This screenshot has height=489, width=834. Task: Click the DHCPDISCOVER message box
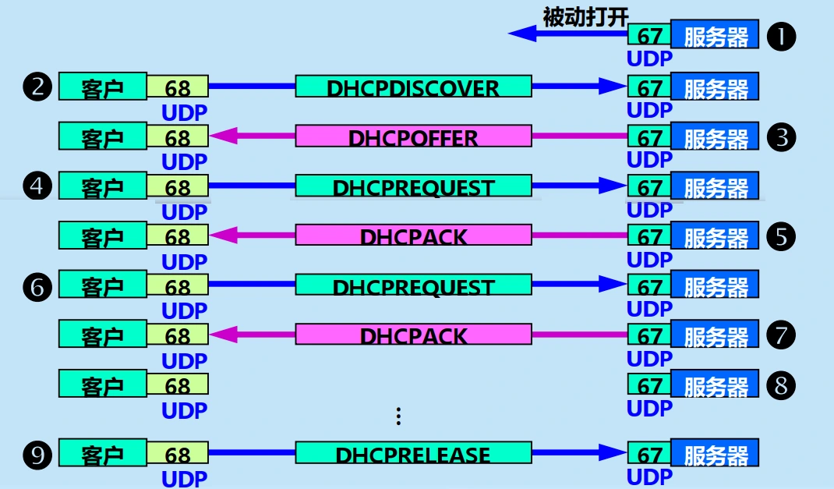tap(413, 87)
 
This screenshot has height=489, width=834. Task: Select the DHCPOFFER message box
tap(413, 137)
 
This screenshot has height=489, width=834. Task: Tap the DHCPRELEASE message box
tap(413, 454)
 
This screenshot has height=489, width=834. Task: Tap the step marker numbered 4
tap(37, 187)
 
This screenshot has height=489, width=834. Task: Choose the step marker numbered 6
tap(37, 286)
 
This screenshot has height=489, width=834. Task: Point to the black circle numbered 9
tap(37, 454)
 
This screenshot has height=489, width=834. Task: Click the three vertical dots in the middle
tap(398, 416)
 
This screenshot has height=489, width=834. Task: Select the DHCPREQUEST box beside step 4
tap(413, 187)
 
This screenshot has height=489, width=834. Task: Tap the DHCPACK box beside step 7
tap(413, 336)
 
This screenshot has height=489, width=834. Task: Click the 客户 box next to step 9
tap(102, 454)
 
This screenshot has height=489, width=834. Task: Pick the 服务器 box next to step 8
tap(715, 385)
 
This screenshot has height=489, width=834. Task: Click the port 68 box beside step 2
tap(178, 87)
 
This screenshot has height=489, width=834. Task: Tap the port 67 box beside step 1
tap(648, 36)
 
